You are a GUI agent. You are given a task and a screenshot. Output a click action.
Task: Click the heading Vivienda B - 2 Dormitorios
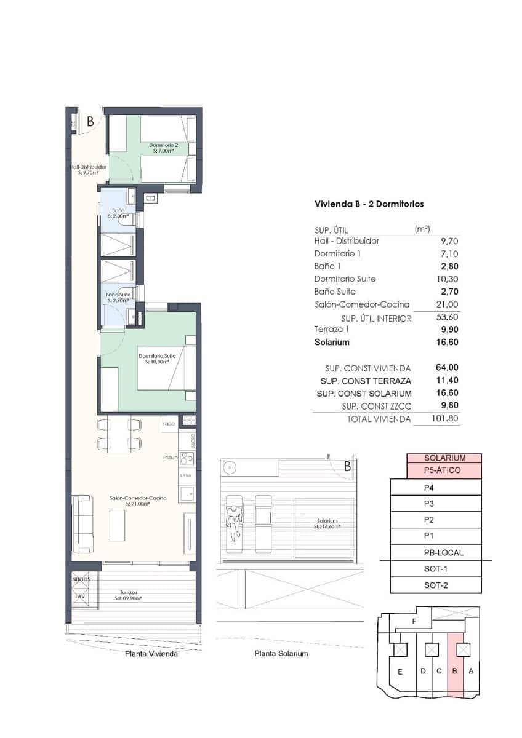coord(369,204)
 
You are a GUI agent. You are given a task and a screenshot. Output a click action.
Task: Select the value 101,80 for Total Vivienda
coord(445,419)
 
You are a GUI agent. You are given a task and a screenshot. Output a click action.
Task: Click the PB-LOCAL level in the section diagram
coord(436,553)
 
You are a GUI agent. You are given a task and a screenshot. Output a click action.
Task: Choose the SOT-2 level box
coord(436,585)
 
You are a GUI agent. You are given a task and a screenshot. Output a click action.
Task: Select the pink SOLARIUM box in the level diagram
coord(444,458)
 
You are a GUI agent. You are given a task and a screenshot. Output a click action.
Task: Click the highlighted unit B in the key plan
coord(455,671)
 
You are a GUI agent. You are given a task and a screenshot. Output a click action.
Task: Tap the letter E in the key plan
coord(400,672)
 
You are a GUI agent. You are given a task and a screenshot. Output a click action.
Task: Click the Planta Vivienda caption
coord(151,654)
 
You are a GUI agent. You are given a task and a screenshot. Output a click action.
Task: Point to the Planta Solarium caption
coord(281,654)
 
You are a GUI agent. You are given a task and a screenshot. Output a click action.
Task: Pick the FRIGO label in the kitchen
coord(169,424)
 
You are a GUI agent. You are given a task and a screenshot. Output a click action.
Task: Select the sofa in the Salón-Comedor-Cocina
coord(82,523)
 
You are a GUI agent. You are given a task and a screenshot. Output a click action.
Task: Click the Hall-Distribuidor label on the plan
coord(88,169)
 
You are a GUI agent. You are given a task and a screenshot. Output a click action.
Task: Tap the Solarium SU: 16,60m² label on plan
coord(326,523)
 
